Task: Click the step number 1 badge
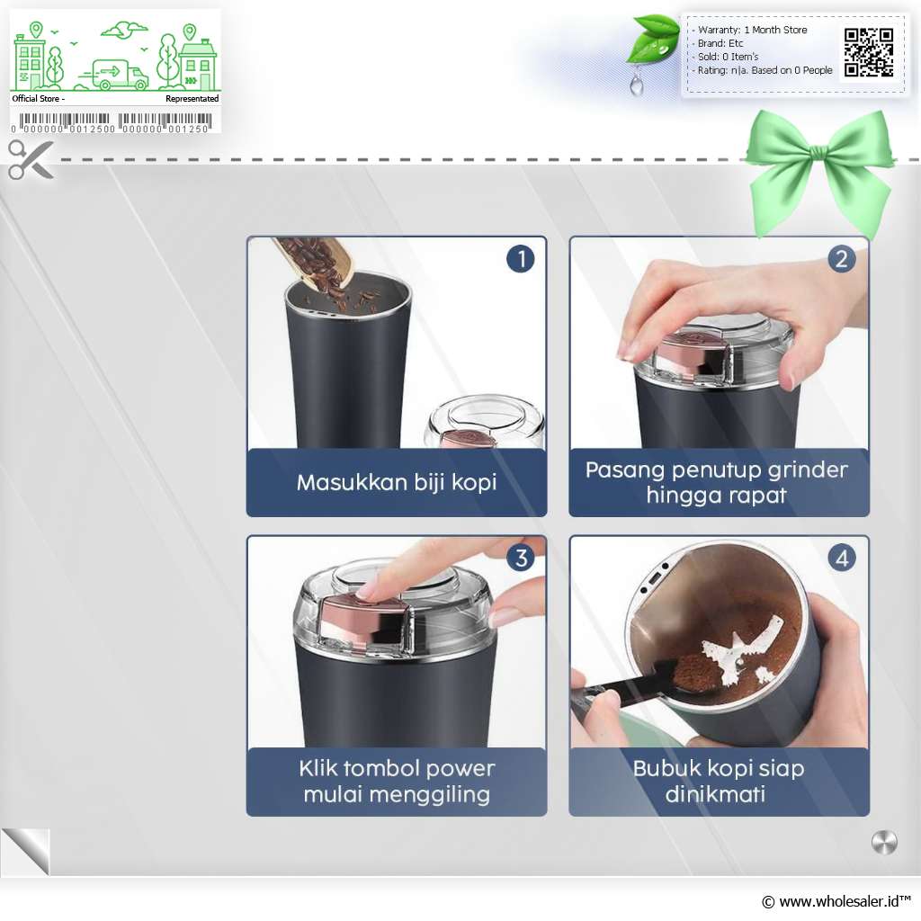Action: tap(521, 258)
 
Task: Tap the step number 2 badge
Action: tap(842, 258)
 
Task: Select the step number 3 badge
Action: tap(521, 558)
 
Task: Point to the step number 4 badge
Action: tap(842, 558)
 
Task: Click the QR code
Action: tap(869, 52)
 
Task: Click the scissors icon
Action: tap(31, 159)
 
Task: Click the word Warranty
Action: tap(719, 30)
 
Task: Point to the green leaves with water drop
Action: tap(651, 51)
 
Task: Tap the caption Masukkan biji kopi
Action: tap(397, 482)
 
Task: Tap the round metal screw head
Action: tap(885, 843)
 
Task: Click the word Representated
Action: tap(192, 99)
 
